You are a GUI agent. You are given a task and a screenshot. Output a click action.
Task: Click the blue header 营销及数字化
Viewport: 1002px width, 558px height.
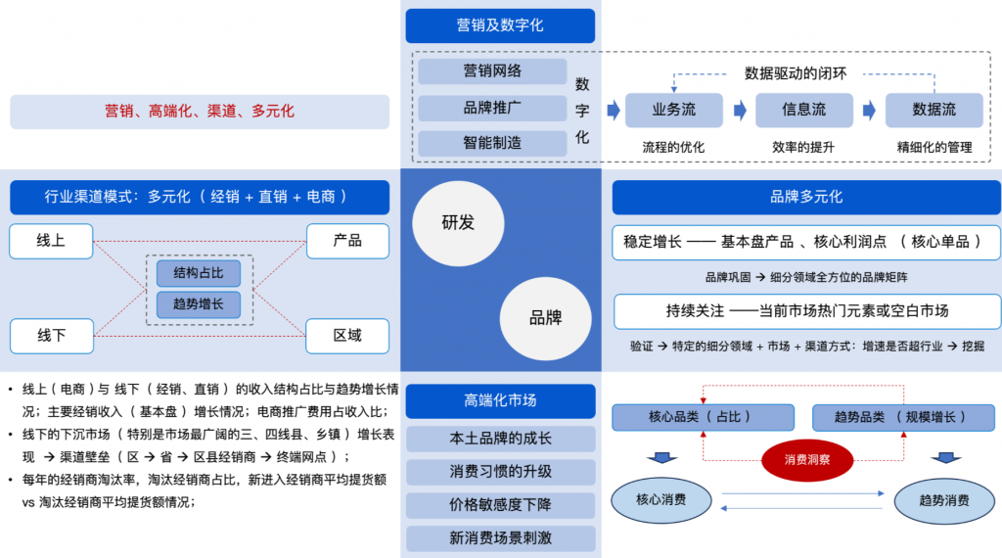pyautogui.click(x=500, y=25)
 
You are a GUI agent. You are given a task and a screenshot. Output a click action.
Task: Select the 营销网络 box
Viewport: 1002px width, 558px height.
pyautogui.click(x=492, y=71)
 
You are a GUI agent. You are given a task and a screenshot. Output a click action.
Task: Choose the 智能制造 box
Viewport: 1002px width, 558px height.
pyautogui.click(x=492, y=143)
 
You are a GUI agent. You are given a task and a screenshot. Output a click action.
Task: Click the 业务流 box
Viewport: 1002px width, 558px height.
pyautogui.click(x=674, y=111)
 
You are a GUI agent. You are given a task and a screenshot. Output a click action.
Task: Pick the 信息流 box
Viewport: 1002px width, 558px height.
pyautogui.click(x=804, y=111)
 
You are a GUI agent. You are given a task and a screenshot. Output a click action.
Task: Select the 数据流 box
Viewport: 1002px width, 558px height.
pyautogui.click(x=934, y=111)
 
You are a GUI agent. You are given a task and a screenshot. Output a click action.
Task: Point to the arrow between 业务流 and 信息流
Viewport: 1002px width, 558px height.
pyautogui.click(x=740, y=111)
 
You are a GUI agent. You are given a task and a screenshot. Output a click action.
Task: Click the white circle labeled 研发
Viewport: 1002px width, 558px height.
pyautogui.click(x=457, y=222)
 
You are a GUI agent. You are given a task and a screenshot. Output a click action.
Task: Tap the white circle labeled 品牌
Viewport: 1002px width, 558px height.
pyautogui.click(x=545, y=317)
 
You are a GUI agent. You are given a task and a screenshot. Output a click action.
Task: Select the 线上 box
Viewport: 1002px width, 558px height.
pyautogui.click(x=51, y=241)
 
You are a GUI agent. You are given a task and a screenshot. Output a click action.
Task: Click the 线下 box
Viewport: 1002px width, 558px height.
pyautogui.click(x=51, y=336)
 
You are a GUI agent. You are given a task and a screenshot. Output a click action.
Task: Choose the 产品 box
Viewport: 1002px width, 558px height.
pyautogui.click(x=347, y=241)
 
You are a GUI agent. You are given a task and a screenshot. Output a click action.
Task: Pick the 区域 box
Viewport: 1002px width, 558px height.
pyautogui.click(x=347, y=336)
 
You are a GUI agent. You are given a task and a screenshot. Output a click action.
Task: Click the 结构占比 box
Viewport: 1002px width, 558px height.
pyautogui.click(x=199, y=273)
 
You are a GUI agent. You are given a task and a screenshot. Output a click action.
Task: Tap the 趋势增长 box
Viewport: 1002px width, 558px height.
pyautogui.click(x=199, y=304)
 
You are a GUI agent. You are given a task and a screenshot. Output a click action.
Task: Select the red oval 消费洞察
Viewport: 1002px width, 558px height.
pyautogui.click(x=806, y=458)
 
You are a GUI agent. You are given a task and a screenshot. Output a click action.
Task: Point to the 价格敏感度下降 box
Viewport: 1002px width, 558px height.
pyautogui.click(x=500, y=505)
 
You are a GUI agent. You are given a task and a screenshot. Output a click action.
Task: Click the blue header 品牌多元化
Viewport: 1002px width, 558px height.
pyautogui.click(x=806, y=197)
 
